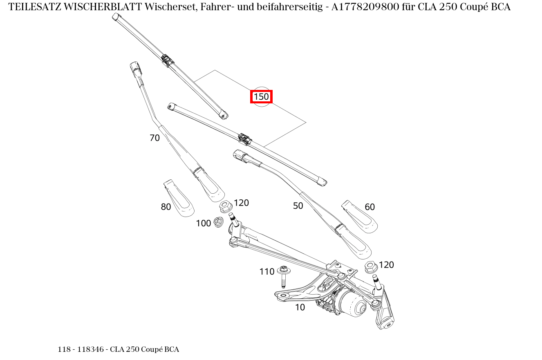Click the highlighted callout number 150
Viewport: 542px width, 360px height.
[261, 97]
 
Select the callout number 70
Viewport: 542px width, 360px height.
[155, 138]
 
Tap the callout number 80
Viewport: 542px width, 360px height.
[166, 207]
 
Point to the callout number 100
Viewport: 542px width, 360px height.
[203, 223]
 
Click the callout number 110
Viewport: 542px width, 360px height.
[267, 272]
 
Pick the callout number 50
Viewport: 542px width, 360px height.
[298, 206]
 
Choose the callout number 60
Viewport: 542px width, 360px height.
[370, 207]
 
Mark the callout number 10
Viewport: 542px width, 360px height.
[300, 307]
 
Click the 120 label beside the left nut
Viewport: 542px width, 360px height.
[241, 203]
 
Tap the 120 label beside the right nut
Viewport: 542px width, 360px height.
[386, 265]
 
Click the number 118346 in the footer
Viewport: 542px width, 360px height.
[90, 349]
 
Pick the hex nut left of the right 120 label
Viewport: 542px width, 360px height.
[371, 267]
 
